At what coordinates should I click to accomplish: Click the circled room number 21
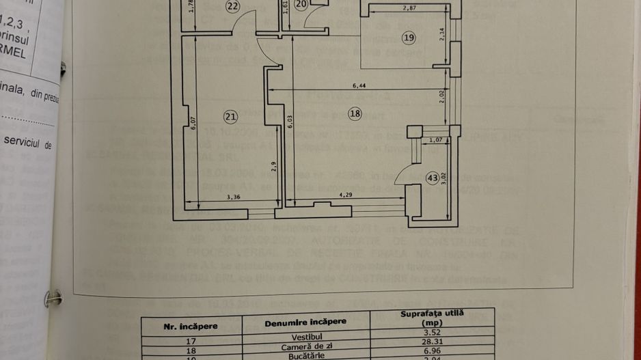click(230, 117)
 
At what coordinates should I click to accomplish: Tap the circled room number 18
click(354, 113)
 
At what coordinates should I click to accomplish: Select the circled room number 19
click(408, 38)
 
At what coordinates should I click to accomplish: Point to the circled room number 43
click(432, 178)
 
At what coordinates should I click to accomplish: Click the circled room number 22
click(233, 6)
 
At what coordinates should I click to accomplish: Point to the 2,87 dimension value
click(410, 8)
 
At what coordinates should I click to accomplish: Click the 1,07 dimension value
click(435, 140)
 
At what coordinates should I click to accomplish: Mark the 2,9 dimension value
click(273, 165)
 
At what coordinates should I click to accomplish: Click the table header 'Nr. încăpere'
click(191, 326)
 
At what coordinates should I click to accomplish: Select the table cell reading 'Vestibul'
click(305, 337)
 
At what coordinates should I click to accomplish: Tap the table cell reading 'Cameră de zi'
click(305, 347)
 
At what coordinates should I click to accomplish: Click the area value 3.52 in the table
click(431, 335)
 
